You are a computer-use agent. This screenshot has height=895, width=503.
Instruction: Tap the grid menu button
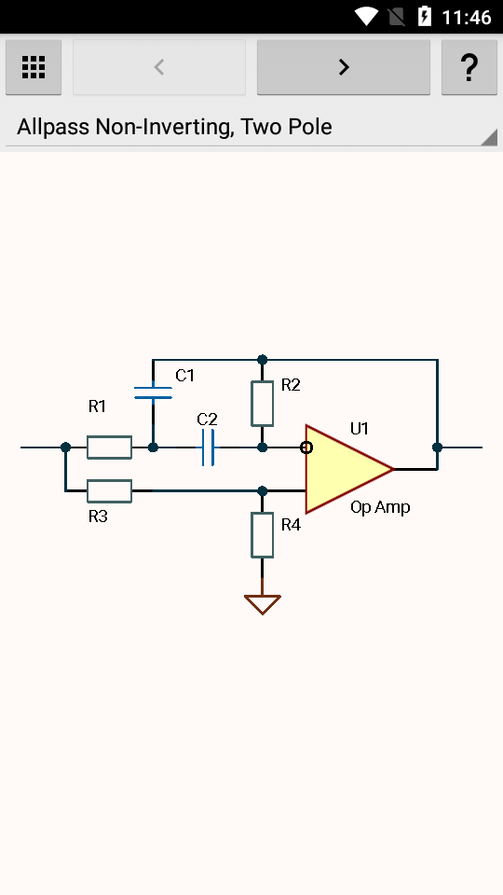(x=34, y=67)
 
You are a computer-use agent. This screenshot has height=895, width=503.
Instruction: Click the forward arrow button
(x=344, y=67)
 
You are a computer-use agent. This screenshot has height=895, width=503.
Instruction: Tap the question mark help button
(x=469, y=67)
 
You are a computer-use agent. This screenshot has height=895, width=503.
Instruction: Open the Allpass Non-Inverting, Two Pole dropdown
(x=251, y=127)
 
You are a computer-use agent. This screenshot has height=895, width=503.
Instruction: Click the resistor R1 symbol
(x=110, y=447)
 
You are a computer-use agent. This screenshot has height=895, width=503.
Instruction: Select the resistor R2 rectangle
(x=263, y=404)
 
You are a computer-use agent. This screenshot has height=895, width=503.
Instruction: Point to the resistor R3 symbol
(x=110, y=491)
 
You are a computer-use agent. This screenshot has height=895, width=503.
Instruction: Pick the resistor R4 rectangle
(x=263, y=535)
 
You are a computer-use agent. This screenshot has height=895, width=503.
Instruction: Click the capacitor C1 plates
(x=153, y=392)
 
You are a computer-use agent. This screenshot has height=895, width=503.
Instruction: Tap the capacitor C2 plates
(x=208, y=447)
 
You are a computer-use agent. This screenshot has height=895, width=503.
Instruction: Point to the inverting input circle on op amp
(x=306, y=447)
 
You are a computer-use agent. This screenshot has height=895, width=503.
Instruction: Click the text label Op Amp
(x=380, y=507)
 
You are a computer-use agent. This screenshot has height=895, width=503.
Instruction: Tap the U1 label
(x=360, y=429)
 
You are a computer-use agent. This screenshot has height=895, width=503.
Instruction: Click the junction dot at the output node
(x=438, y=447)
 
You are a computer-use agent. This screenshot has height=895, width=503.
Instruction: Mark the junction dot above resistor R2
(x=263, y=360)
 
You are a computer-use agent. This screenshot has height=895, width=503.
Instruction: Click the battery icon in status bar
(x=425, y=17)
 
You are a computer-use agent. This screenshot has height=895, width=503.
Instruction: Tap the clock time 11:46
(x=467, y=17)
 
